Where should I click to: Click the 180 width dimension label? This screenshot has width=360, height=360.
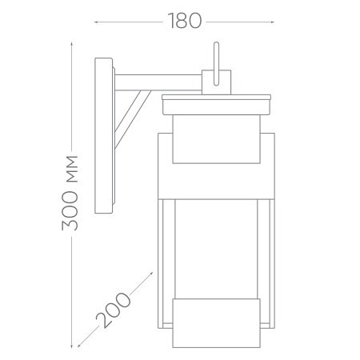pos(185,21)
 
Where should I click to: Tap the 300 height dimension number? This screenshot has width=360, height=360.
pos(70,210)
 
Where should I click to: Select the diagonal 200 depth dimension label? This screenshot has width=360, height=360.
pos(113,310)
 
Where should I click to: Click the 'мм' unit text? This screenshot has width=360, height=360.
pos(72,169)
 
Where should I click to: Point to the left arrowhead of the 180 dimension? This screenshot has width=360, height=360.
pos(96,22)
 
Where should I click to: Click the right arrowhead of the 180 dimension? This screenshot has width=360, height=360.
pos(272,22)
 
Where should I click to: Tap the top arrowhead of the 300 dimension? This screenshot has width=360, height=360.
pos(71,44)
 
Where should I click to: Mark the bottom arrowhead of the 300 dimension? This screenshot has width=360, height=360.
pos(71,346)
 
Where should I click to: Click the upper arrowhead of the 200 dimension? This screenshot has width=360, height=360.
pos(151,274)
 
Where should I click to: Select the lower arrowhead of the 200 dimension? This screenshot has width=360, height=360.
pos(79,346)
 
